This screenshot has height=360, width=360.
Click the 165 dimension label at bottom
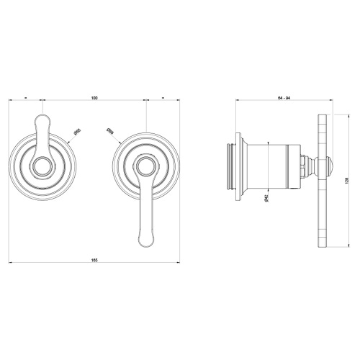coord(94,258)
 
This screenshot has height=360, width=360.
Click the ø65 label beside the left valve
coord(77,132)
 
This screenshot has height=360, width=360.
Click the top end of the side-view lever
coord(322,117)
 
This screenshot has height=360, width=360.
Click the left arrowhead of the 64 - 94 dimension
coord(238,99)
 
